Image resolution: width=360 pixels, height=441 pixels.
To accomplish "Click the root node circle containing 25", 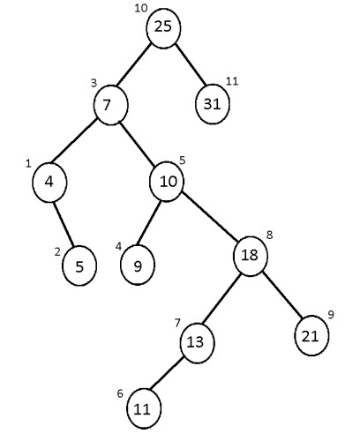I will coord(162,27).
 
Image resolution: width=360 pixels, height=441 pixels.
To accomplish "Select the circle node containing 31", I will coord(213,103).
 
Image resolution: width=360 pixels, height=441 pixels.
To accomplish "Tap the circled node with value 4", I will coord(49,182).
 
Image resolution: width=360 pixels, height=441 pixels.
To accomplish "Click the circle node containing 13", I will coord(196,341).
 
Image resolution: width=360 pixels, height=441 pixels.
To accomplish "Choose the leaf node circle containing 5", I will coord(79,267).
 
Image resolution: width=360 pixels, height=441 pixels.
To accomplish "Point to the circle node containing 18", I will coord(250,257).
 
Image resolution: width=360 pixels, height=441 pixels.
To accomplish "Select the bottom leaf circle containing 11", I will coord(143,407).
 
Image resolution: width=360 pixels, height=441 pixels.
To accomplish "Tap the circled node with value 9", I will coord(138,266).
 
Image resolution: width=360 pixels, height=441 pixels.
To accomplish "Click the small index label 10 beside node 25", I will coord(140,9).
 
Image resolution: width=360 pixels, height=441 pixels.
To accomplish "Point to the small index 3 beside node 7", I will coord(94,84).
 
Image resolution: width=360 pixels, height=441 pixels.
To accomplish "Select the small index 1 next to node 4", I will coord(28,163).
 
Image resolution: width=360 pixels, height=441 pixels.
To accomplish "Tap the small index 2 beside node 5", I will coord(56,252).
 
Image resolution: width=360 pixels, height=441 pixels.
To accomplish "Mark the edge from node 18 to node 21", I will coord(281,296).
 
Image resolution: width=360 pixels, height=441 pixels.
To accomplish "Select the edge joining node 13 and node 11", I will coord(169,375).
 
